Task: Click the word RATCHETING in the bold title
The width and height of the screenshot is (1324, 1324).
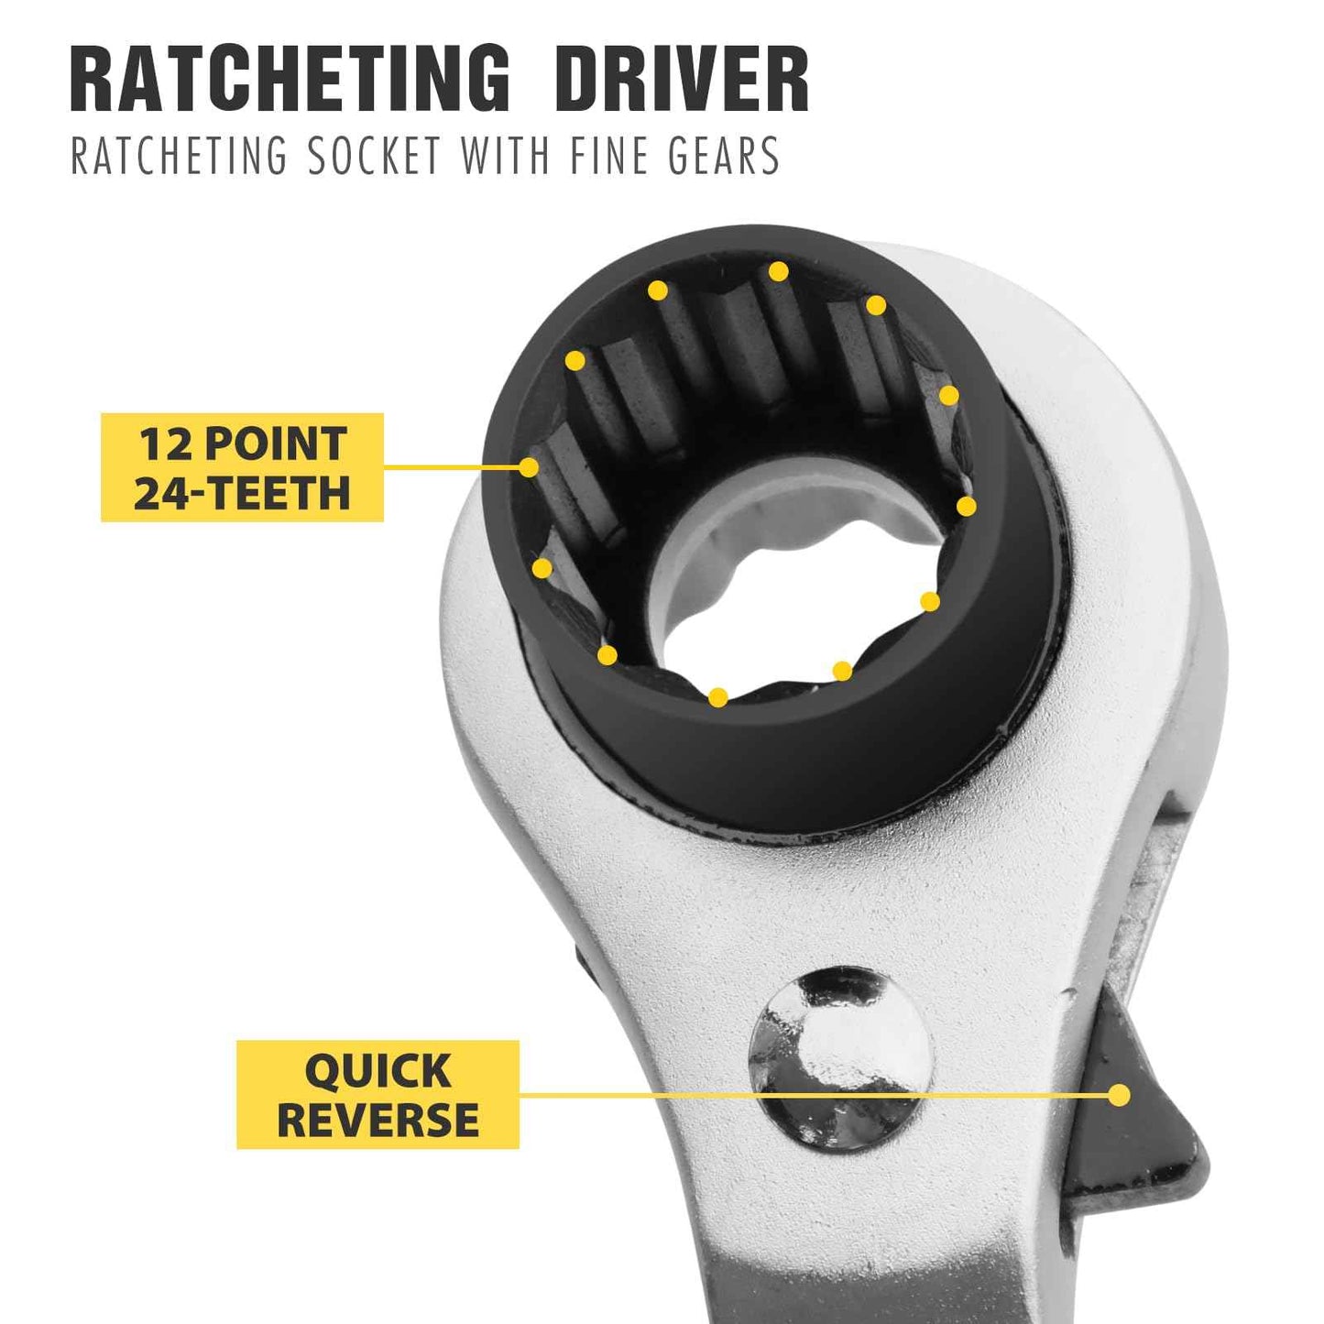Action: pos(290,80)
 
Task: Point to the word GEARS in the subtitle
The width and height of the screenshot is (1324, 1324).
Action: pos(723,155)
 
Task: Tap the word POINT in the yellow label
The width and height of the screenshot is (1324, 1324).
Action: pos(275,444)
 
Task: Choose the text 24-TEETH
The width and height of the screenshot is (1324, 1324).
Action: pos(242,492)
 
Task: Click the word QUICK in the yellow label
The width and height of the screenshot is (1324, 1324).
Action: pos(378,1070)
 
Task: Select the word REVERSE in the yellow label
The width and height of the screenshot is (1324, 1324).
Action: pos(378,1120)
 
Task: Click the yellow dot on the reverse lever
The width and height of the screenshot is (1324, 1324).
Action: pos(1119,1095)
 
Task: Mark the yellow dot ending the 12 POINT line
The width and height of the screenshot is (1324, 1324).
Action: pos(529,467)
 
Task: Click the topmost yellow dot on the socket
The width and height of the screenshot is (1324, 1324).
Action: pos(778,271)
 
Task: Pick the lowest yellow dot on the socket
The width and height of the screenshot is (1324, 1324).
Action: pos(718,698)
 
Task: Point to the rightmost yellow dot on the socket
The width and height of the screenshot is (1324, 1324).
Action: pos(967,506)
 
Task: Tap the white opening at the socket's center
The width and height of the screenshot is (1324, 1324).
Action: pos(788,586)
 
